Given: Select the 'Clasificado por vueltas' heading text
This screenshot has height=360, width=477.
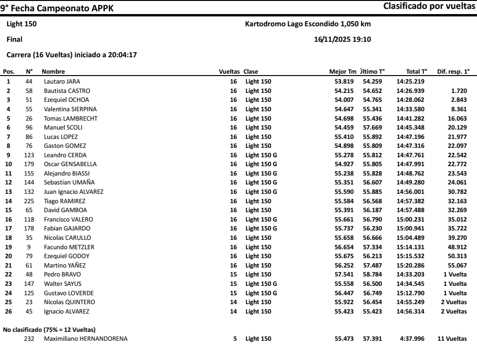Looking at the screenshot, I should click(430, 7).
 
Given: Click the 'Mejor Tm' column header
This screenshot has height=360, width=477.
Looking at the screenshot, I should click(344, 72).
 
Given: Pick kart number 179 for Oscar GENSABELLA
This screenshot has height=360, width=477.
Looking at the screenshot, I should click(29, 163).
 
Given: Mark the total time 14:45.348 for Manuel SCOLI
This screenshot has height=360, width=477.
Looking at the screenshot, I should click(411, 127).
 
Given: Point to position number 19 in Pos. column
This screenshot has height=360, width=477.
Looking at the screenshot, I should click(8, 247).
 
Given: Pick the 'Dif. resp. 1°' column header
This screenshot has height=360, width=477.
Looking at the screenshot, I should click(453, 72).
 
